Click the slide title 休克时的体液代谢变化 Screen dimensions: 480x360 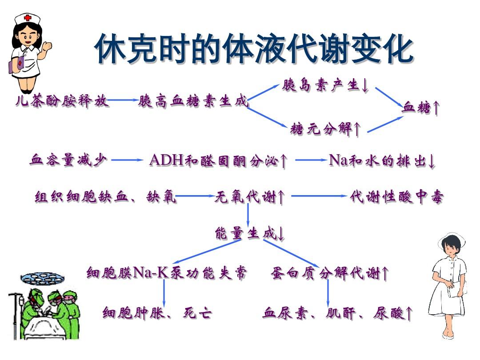254,49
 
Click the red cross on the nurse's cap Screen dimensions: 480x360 28,17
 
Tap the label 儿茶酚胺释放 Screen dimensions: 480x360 61,100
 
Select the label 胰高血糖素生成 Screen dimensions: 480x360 193,100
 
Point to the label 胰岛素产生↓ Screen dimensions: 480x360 325,85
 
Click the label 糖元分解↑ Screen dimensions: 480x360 325,128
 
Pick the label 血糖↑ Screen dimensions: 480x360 421,108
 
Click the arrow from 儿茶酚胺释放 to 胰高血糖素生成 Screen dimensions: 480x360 123,100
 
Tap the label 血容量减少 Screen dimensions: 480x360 68,160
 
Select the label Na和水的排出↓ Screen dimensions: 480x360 382,160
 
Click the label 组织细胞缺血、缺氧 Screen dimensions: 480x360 106,196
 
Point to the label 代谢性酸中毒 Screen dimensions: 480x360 397,196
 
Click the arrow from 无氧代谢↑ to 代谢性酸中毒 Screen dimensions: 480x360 319,196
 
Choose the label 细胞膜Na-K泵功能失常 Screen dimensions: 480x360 167,272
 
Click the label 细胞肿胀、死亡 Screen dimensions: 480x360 157,312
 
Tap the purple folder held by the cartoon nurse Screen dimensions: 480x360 16,65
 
